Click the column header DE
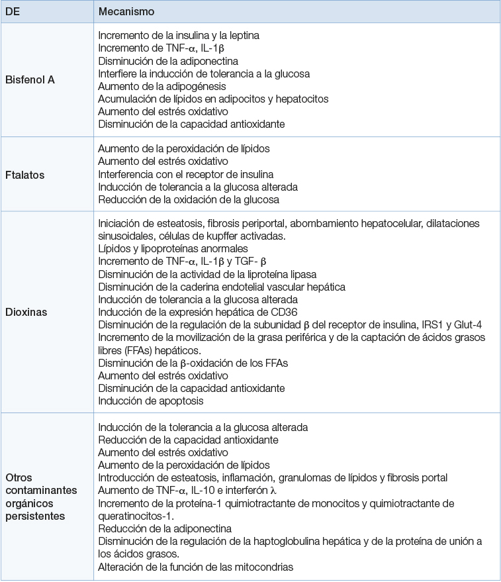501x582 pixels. (x=13, y=12)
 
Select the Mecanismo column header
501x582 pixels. (x=126, y=12)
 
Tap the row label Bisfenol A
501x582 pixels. (x=30, y=79)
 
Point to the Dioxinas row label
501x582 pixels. (x=26, y=311)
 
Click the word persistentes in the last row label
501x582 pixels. (x=35, y=515)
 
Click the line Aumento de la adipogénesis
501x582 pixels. (x=162, y=86)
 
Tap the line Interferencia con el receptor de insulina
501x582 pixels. (x=186, y=174)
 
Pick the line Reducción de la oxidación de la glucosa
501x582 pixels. (x=189, y=199)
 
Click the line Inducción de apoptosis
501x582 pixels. (x=151, y=400)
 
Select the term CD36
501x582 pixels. (x=277, y=312)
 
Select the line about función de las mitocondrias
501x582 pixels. (x=195, y=567)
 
